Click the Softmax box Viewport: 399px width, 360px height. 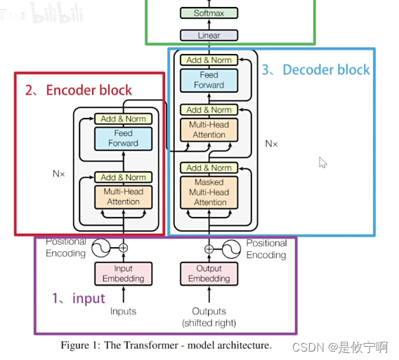[x=209, y=13]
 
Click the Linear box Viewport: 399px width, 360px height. [x=209, y=35]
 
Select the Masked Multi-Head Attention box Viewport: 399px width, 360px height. [x=209, y=192]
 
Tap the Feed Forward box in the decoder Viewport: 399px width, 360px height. [x=209, y=80]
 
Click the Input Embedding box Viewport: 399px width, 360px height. [x=123, y=274]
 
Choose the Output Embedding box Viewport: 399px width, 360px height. [x=209, y=274]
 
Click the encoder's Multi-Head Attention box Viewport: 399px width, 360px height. [x=123, y=196]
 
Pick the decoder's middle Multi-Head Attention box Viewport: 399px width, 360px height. [x=209, y=129]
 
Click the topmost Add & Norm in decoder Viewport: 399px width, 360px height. [x=209, y=60]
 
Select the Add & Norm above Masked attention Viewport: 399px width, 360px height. [x=209, y=168]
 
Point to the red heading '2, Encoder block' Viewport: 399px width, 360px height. [x=79, y=90]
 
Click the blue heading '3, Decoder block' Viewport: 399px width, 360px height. [x=315, y=69]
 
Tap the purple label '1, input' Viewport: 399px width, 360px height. [x=79, y=298]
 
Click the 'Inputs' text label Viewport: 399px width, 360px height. [x=123, y=312]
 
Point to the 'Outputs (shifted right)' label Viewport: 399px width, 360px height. [x=209, y=316]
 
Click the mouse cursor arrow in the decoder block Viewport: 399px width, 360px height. [x=322, y=162]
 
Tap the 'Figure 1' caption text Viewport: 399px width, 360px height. [x=166, y=345]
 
